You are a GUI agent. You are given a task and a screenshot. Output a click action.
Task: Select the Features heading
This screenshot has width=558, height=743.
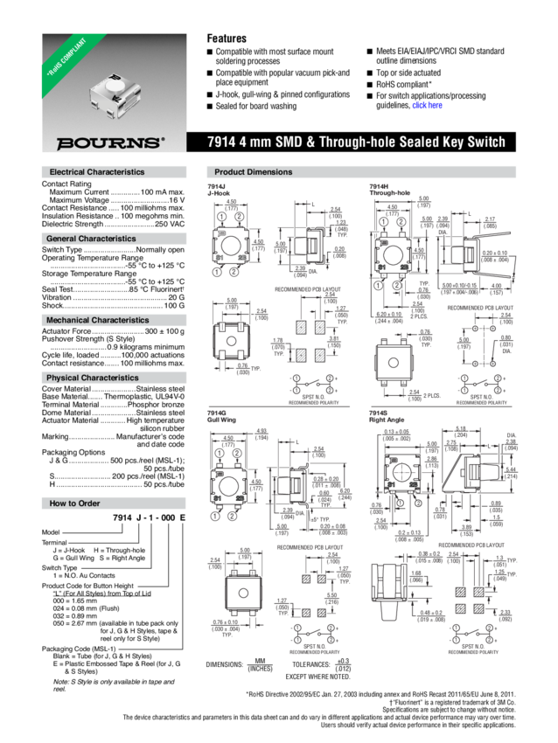click(226, 38)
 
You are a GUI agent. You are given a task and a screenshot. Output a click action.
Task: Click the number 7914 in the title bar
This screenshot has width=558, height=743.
click(222, 142)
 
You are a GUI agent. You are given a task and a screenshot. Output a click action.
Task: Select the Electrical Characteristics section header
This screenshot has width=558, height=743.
click(96, 172)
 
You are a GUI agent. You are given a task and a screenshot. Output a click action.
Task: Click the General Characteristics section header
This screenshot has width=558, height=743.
click(91, 239)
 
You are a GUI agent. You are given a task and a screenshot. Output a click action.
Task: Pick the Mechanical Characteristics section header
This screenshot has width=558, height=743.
click(97, 321)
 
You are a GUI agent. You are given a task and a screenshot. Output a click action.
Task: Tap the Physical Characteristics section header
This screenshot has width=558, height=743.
click(92, 378)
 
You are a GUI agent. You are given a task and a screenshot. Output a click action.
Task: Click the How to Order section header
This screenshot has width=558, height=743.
click(74, 503)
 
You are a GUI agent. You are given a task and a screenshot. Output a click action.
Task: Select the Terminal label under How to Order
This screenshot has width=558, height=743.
click(55, 541)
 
